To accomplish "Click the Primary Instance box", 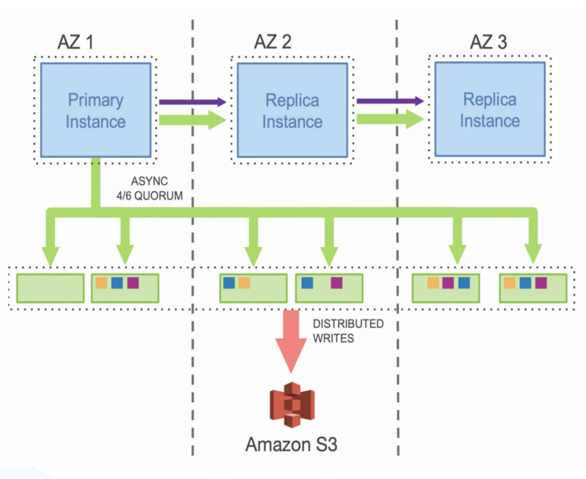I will click(95, 110).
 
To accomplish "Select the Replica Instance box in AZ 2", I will click(292, 110).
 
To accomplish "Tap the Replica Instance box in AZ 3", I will click(489, 110).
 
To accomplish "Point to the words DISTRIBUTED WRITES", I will click(348, 330).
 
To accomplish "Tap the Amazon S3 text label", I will click(291, 445).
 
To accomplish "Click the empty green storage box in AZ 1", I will click(51, 287).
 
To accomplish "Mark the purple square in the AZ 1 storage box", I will click(133, 283).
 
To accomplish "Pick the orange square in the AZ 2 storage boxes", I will click(244, 283).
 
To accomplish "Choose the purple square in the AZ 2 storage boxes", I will click(337, 283).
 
